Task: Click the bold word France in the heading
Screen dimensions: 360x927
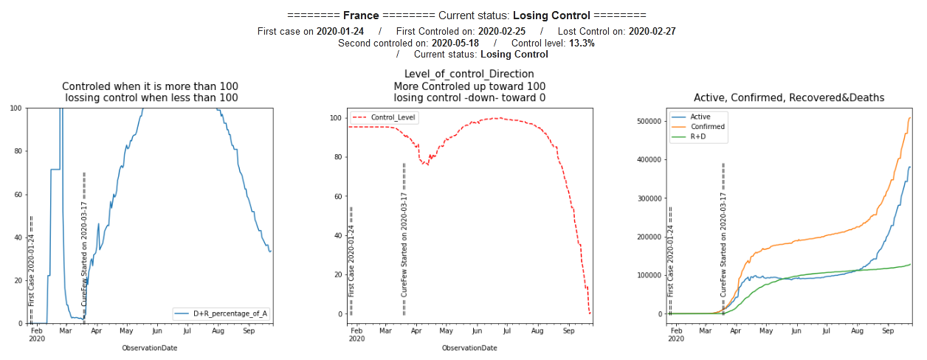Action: [x=362, y=15]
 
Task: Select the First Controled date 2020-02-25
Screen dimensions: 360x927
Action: [x=501, y=31]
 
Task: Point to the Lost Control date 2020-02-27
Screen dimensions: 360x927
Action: [x=652, y=31]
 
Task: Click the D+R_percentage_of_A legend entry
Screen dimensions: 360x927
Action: [x=230, y=314]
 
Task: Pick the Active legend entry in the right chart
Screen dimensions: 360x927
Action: [x=699, y=117]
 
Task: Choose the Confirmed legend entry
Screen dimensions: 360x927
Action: [x=706, y=126]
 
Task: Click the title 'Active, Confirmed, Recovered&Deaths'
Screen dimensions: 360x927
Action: [x=789, y=97]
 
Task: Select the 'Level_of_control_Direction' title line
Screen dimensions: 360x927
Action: [x=469, y=74]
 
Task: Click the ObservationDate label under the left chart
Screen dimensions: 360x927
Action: [x=150, y=347]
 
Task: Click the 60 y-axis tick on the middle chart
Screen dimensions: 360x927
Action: [x=339, y=196]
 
